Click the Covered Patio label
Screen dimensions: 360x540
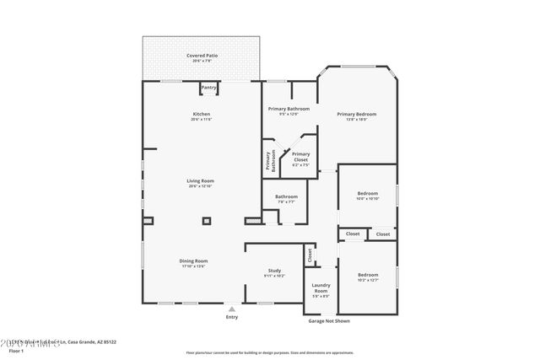(x=201, y=56)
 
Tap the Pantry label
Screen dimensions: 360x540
(x=208, y=87)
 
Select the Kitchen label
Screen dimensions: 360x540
(x=201, y=114)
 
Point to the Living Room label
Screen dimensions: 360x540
(x=201, y=180)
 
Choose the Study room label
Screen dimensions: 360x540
(x=274, y=271)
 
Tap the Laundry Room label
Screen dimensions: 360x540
(x=321, y=287)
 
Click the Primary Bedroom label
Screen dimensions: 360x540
(x=356, y=114)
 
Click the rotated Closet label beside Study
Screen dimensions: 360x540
(x=310, y=253)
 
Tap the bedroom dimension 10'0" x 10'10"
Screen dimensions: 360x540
(x=367, y=198)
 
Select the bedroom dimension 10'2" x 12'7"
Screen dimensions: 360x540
(x=367, y=280)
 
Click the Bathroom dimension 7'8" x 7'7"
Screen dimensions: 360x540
(x=286, y=201)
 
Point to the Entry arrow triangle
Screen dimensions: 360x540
(x=231, y=309)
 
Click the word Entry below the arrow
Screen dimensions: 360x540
(x=231, y=317)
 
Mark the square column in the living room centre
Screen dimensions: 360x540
(x=206, y=222)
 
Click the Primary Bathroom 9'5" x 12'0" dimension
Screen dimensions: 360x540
(x=289, y=115)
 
